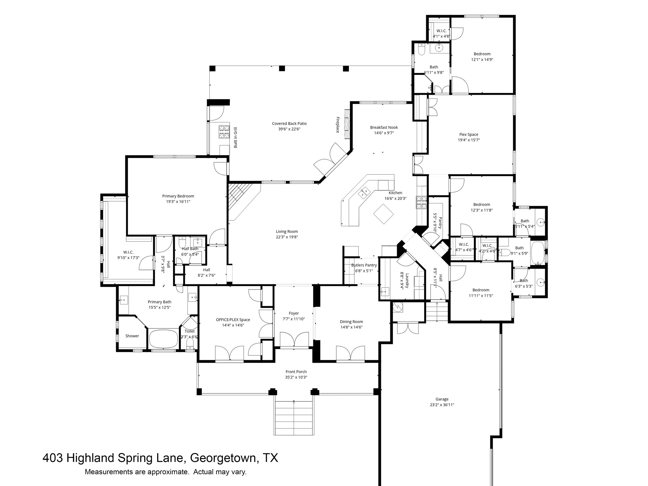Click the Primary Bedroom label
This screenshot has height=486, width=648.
178,196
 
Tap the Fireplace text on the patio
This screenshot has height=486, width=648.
338,125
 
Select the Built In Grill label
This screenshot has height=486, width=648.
235,138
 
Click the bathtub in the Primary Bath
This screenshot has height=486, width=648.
163,340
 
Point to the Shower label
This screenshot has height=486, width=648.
132,336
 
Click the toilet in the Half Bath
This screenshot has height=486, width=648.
182,243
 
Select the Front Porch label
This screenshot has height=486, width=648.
296,372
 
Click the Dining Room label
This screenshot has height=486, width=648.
351,322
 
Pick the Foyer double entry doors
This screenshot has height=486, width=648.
294,340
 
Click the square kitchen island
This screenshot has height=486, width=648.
383,214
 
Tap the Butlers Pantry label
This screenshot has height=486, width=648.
364,265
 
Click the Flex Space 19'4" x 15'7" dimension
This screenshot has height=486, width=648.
469,140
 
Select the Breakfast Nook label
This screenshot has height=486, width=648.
384,128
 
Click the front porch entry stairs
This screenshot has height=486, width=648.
294,418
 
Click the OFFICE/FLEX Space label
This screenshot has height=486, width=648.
233,320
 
